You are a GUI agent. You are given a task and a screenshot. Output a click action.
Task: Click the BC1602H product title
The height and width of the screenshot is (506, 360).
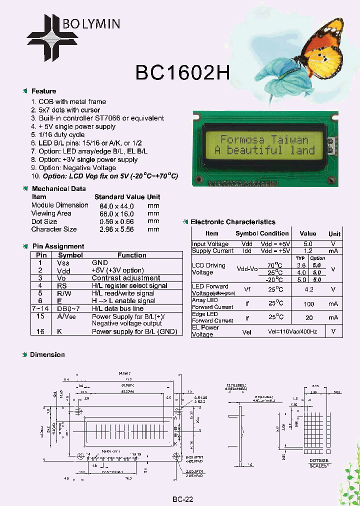click(x=182, y=73)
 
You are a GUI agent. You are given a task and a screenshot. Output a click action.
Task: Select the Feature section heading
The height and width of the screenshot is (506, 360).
click(x=43, y=91)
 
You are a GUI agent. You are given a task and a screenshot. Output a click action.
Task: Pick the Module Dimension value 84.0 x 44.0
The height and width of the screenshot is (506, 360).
click(x=117, y=205)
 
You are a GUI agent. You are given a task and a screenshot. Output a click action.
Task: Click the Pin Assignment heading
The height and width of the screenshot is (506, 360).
click(x=58, y=246)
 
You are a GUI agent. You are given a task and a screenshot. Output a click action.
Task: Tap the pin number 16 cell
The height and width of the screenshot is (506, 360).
click(x=41, y=332)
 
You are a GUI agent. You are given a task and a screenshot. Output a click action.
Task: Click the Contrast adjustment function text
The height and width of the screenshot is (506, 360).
click(x=126, y=278)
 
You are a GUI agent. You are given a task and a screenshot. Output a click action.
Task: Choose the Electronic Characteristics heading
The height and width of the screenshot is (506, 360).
click(x=233, y=222)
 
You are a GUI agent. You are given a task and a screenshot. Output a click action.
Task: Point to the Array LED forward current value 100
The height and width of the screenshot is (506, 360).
click(x=308, y=304)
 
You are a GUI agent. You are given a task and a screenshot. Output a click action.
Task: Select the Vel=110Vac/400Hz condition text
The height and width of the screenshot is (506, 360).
click(x=283, y=331)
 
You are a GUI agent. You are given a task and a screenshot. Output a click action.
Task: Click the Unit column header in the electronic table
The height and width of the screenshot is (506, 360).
click(x=334, y=233)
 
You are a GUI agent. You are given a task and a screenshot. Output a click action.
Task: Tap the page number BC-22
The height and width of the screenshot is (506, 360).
click(x=182, y=499)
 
